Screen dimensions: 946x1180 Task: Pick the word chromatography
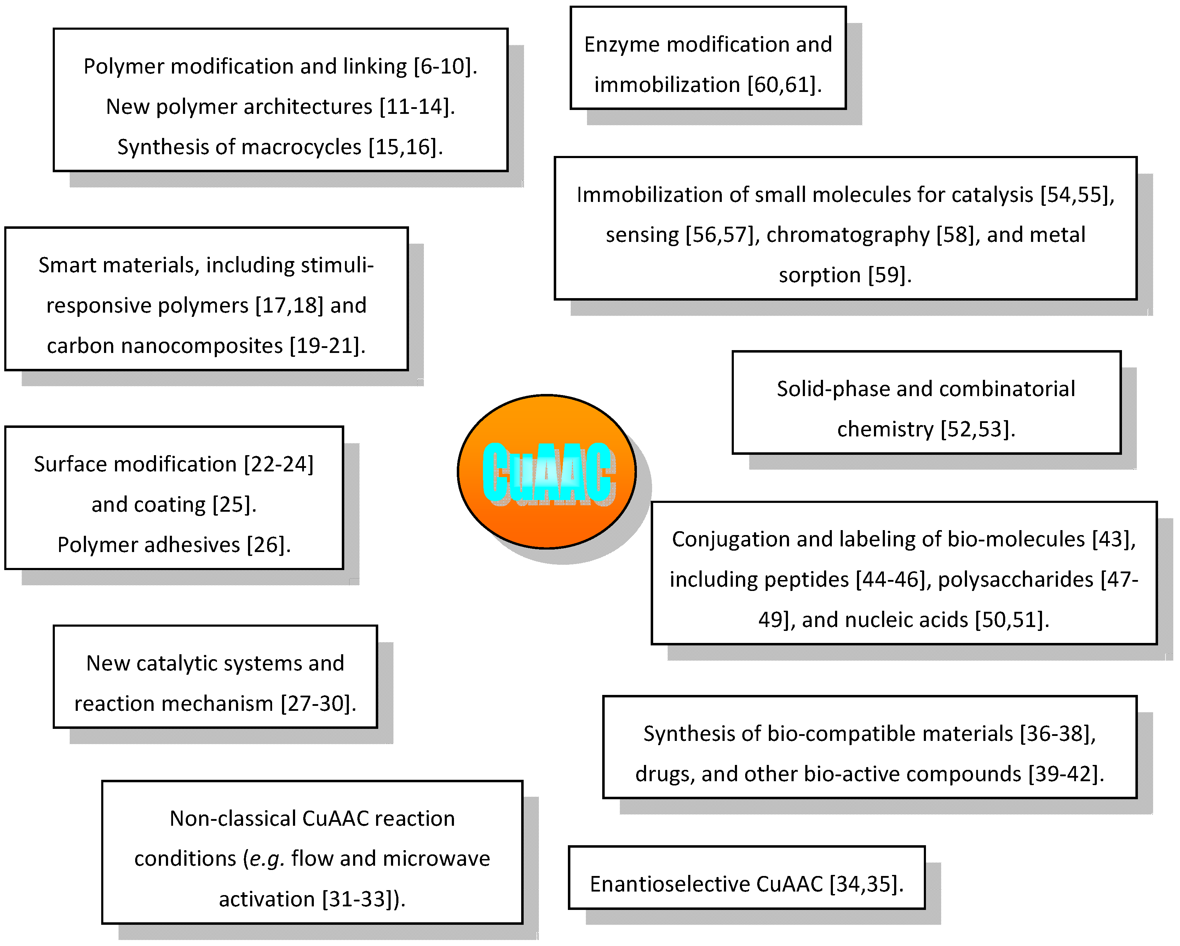[848, 235]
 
